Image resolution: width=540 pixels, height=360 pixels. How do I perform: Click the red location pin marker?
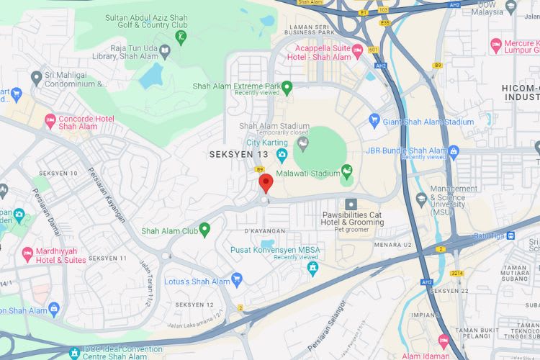coord(266,183)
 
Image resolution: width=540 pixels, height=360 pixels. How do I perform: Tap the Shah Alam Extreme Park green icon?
coord(287,88)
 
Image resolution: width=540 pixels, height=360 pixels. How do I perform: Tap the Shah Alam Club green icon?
coord(204,230)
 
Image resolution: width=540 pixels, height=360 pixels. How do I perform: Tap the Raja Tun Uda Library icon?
coord(164,50)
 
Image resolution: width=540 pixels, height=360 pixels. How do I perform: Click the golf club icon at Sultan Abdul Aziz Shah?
coord(180,35)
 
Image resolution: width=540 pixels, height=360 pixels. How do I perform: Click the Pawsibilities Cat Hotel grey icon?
coord(351,204)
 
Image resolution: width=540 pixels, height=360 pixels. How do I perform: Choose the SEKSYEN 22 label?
coord(449,290)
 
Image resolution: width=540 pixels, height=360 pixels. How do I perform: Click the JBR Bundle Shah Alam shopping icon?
coord(453,151)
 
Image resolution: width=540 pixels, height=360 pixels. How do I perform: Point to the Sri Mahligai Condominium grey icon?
coord(36,77)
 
